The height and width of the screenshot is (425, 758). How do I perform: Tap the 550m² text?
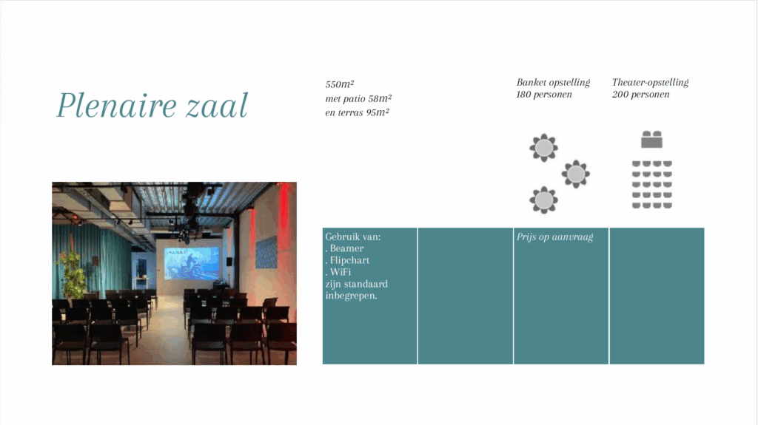point(339,84)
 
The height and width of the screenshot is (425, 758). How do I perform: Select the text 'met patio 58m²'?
point(358,98)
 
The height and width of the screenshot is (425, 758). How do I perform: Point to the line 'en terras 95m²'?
point(358,112)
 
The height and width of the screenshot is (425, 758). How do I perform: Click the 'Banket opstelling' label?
point(553,83)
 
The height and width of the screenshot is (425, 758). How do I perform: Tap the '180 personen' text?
point(544,95)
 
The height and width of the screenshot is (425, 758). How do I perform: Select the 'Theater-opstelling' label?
point(650,83)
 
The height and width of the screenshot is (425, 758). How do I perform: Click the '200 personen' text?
point(640,95)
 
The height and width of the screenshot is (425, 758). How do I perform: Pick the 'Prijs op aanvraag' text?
point(554,237)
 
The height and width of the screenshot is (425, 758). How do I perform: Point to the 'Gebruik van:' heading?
point(353,237)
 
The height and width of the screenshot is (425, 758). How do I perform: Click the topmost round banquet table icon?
point(544,147)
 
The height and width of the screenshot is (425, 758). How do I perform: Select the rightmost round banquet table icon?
point(575,174)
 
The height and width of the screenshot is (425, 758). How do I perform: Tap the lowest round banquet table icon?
point(544,200)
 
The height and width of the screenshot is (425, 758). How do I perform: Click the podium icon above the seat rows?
point(651,139)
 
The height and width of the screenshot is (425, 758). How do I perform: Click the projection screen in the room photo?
point(192,263)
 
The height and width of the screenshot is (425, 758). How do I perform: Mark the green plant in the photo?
point(73,273)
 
